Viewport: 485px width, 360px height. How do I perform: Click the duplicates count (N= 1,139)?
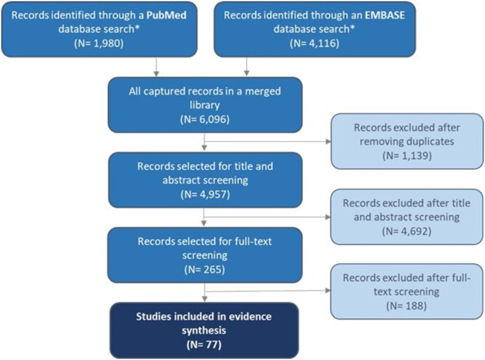pos(403,166)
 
